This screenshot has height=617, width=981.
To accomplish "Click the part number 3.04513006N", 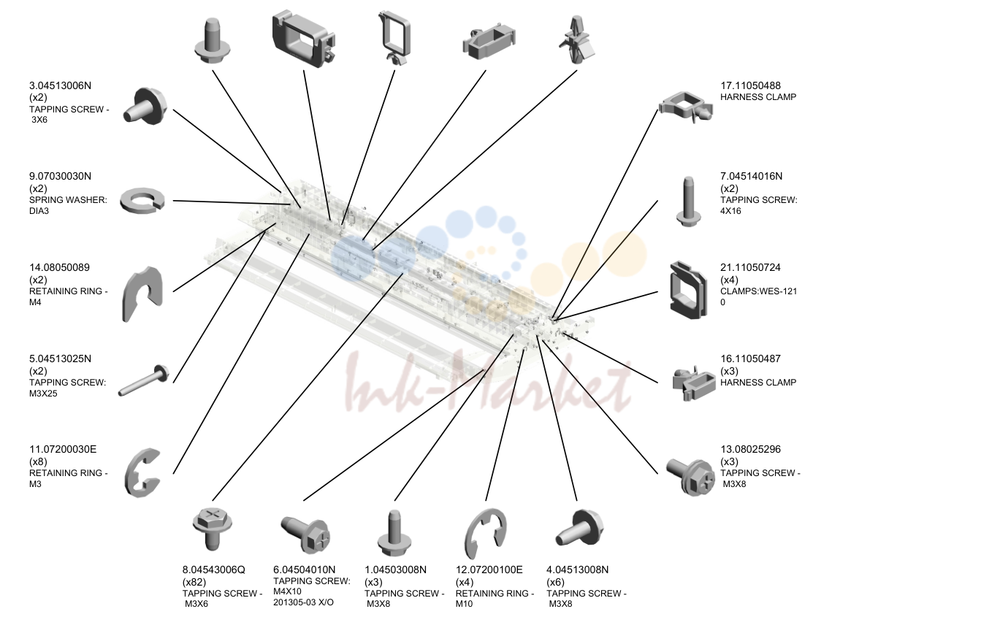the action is click(x=60, y=85).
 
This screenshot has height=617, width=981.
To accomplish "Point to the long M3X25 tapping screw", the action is click(x=144, y=380).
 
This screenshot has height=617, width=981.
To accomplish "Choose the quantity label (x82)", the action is click(x=194, y=582).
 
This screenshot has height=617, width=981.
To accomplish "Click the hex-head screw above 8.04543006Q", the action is click(x=213, y=528).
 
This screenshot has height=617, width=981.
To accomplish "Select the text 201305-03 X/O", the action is click(x=303, y=602).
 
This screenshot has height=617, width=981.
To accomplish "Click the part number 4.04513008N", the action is click(x=577, y=570).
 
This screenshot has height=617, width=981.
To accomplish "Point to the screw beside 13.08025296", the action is click(x=690, y=476).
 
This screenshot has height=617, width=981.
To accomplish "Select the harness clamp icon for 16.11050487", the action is click(x=694, y=383).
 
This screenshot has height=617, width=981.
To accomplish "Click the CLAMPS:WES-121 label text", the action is click(x=758, y=291).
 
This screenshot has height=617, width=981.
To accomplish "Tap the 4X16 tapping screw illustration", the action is click(x=688, y=202).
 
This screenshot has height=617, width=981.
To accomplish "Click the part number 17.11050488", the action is click(x=751, y=85).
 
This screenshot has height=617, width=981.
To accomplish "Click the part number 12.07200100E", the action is click(x=489, y=570).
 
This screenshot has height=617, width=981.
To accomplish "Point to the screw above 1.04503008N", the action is click(x=394, y=533).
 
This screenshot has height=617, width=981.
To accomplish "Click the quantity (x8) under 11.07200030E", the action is click(x=38, y=461).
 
